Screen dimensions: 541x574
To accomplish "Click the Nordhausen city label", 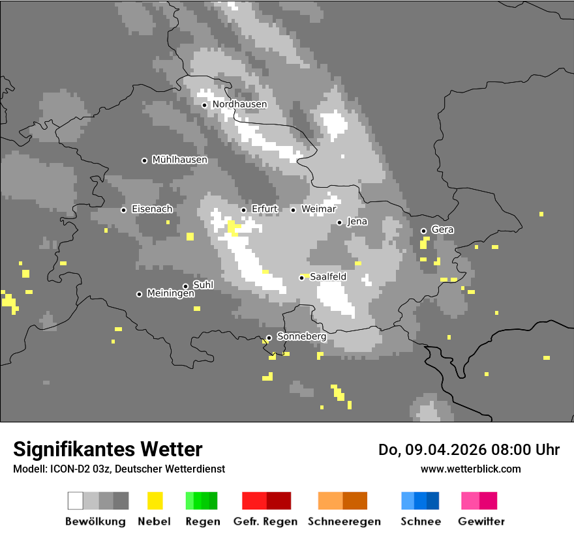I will [239, 104].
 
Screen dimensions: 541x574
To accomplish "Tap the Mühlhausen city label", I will [179, 160].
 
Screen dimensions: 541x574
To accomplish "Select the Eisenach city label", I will [152, 209].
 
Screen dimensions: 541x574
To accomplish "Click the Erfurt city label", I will [264, 209].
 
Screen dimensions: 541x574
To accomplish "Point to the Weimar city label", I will [319, 209].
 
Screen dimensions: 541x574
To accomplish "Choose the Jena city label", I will [357, 222].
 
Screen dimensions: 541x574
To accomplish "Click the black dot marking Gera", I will [423, 231].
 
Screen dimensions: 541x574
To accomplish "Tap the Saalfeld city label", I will [328, 277].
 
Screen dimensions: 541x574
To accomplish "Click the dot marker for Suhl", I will [185, 286].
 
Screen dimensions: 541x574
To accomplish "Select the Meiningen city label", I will [170, 294].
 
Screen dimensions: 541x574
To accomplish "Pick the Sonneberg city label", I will [301, 337].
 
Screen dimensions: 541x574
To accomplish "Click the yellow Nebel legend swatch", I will [155, 501].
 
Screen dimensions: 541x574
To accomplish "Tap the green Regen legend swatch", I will [202, 501].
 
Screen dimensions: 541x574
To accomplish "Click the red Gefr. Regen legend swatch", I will [266, 501].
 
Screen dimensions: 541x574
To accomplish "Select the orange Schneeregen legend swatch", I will [342, 501].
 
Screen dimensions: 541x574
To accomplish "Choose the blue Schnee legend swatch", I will [420, 501].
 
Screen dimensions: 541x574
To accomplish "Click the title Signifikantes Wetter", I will [108, 450].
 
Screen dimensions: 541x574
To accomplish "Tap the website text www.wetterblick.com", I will [470, 469].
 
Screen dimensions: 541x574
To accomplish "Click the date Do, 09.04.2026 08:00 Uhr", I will [469, 450].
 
